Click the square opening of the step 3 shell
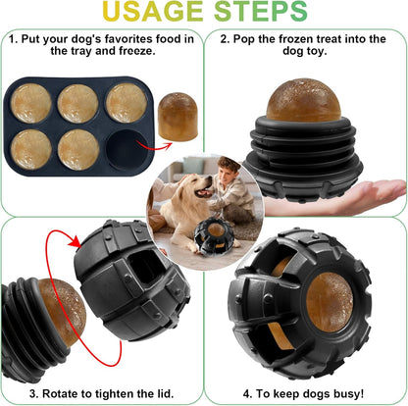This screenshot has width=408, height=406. pos(142,283)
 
